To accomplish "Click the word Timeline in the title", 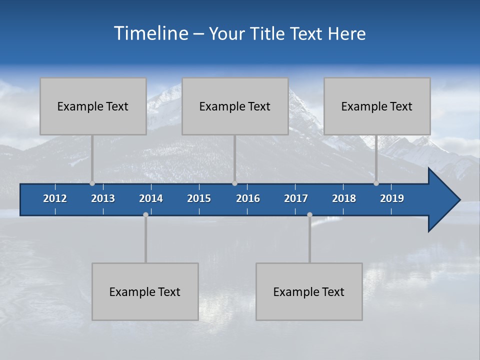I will tap(151, 33).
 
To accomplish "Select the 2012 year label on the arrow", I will tap(55, 198).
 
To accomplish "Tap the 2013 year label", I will tap(103, 198).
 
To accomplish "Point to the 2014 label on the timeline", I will tap(151, 198).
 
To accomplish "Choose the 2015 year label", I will tap(199, 198).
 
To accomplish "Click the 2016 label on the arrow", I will tap(248, 198).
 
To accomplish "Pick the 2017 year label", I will tap(296, 198).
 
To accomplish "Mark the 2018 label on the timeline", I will tap(344, 198).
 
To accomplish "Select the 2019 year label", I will tap(392, 198).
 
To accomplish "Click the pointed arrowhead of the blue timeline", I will tap(445, 200).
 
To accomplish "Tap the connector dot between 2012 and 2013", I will tap(92, 183).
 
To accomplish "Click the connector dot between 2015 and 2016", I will tap(234, 183).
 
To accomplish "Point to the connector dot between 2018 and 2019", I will tap(376, 183).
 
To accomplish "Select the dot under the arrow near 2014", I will tap(145, 214).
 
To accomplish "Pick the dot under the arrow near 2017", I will tap(309, 214).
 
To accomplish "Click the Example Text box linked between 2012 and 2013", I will tap(93, 106).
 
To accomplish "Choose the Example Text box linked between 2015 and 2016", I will tap(235, 106).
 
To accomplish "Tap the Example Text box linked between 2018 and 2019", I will tap(377, 106).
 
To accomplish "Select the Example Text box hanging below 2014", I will tap(145, 292).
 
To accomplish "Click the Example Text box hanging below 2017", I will tap(309, 292).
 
